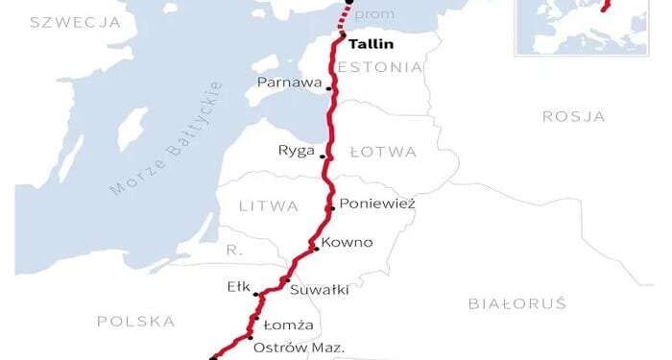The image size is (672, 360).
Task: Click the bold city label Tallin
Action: [371, 44]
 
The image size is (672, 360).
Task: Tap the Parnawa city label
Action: [290, 84]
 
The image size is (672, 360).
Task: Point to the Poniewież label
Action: [377, 204]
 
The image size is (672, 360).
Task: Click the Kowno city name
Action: [347, 242]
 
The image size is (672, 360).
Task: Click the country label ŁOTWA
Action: [382, 152]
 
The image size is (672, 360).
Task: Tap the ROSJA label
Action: [573, 116]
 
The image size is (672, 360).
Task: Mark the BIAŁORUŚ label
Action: [517, 303]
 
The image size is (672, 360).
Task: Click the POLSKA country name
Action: [135, 321]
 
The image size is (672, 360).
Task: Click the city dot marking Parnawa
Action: [329, 88]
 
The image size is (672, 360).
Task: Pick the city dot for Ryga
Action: [324, 156]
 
